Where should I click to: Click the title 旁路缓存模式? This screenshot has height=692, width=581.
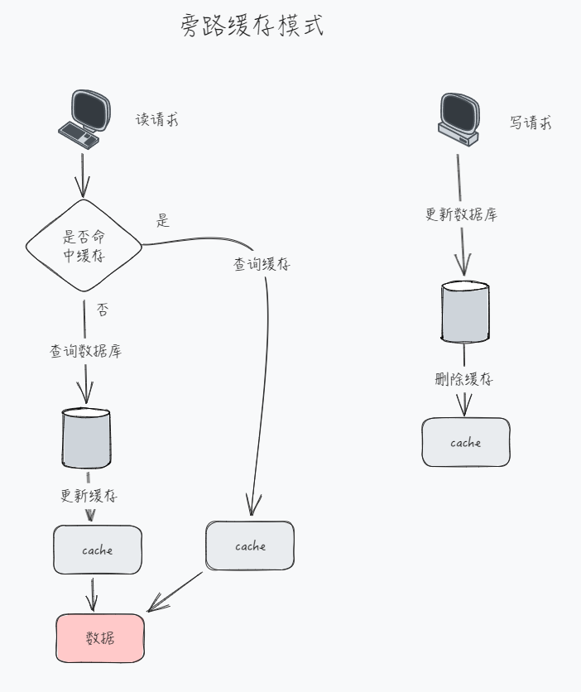tap(252, 26)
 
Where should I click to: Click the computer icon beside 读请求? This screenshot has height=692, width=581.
tap(84, 119)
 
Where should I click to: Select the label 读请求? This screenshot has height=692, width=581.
tap(157, 120)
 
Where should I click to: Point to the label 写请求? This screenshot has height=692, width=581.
tap(531, 123)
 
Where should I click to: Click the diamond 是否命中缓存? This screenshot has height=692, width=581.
tap(84, 246)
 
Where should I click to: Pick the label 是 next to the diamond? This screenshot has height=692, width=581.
tap(163, 221)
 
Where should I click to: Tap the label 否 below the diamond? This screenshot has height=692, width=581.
tap(103, 310)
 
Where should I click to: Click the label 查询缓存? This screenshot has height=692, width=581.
tap(262, 265)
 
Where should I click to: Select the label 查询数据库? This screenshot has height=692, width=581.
tap(85, 351)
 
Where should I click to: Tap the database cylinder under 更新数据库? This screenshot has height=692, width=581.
tap(465, 311)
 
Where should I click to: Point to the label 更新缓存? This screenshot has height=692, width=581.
tap(89, 497)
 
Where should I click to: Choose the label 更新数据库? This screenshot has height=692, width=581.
tap(461, 214)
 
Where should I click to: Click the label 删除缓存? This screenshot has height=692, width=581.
tap(464, 380)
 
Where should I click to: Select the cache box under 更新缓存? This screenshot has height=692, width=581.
tap(98, 550)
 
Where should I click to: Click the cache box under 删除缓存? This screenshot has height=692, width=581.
tap(466, 443)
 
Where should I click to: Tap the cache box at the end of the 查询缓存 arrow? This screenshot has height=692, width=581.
tap(250, 546)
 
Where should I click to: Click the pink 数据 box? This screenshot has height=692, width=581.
tap(100, 638)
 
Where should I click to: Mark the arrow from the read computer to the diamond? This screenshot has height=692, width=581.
tap(82, 174)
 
